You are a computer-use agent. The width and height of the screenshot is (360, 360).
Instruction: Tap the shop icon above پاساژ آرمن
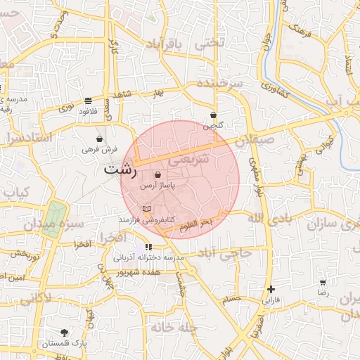(157, 174)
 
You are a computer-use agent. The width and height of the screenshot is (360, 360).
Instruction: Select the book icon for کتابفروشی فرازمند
(146, 210)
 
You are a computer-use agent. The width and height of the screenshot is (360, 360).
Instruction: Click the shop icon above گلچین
(213, 115)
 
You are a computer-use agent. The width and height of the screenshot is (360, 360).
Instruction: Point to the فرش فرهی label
(97, 149)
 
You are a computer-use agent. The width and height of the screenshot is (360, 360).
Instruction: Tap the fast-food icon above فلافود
(87, 101)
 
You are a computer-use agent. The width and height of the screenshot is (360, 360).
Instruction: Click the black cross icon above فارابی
(271, 289)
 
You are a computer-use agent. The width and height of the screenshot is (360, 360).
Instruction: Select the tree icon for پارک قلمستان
(65, 332)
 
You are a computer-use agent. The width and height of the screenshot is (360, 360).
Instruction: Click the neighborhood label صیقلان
(250, 141)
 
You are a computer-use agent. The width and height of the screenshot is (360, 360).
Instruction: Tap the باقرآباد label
(164, 45)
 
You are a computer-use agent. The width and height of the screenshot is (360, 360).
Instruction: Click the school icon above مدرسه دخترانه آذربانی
(148, 247)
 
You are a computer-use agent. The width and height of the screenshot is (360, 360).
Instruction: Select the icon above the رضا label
(323, 281)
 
